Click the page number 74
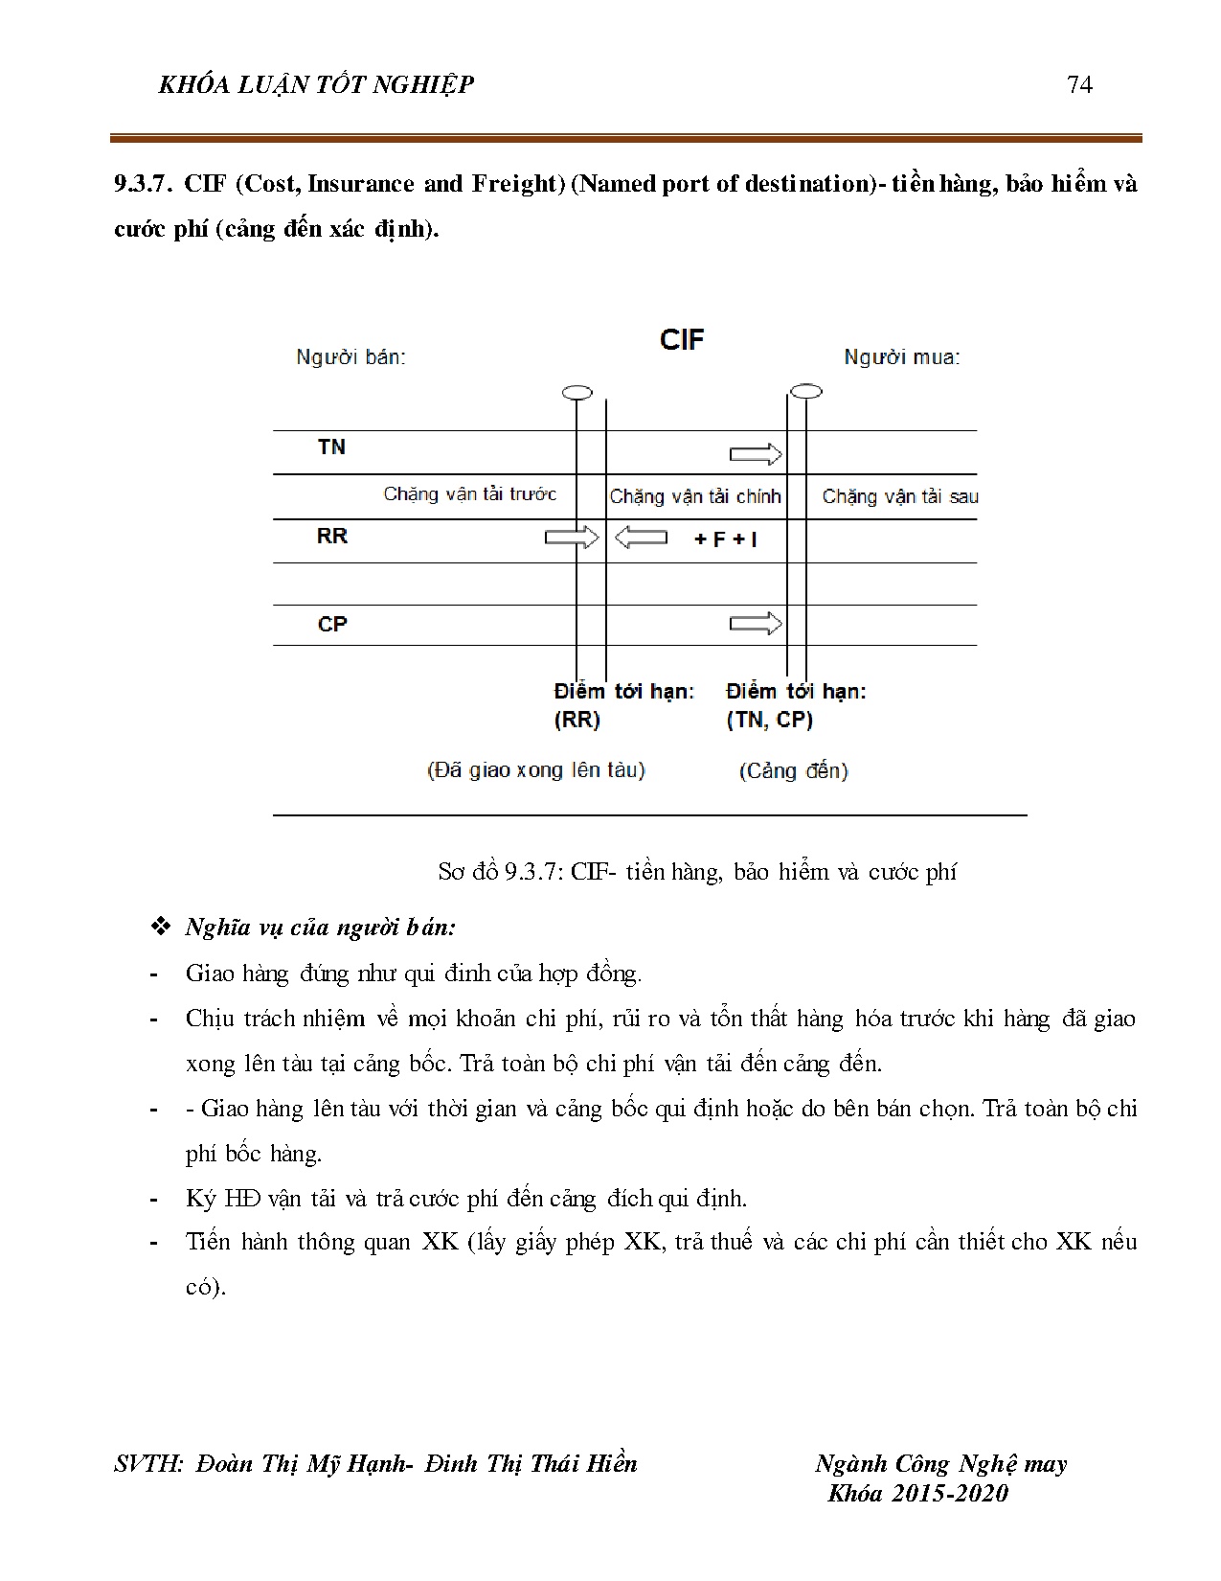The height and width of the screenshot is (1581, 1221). [x=1078, y=85]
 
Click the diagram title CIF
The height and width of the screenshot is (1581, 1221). [x=682, y=339]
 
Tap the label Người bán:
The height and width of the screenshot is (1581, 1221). [x=350, y=357]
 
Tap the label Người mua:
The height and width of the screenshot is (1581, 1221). [x=901, y=357]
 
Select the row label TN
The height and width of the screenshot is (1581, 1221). [x=331, y=447]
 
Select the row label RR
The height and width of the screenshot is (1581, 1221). [x=331, y=536]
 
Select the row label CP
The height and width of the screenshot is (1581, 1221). [x=331, y=624]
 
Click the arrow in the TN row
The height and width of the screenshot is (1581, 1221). [x=756, y=454]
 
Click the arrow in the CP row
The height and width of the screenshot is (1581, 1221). [x=756, y=624]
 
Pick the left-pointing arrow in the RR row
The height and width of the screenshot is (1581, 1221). [x=641, y=538]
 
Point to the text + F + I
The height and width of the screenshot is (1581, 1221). [x=725, y=539]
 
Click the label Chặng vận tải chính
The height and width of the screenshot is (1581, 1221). [x=695, y=496]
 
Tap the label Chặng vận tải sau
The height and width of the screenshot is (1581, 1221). [x=899, y=496]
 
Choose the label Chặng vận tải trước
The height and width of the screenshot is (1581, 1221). [x=469, y=493]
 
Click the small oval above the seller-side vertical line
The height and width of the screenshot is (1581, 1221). [x=577, y=392]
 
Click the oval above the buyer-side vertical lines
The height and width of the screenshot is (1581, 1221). [x=806, y=391]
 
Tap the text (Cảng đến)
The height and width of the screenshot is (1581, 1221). [x=793, y=770]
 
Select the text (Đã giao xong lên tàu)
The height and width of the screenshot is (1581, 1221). [x=535, y=769]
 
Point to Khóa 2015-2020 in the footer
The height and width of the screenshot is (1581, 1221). [x=917, y=1493]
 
